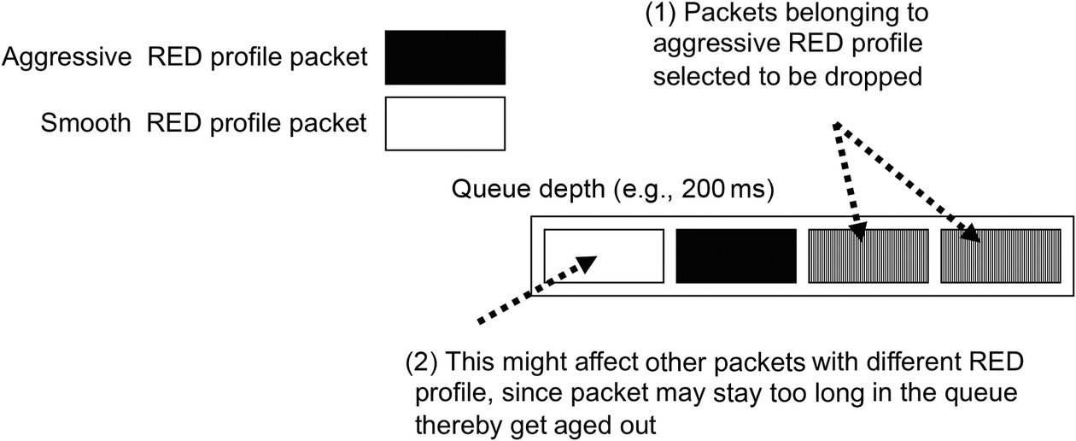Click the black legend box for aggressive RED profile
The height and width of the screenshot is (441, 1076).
(x=445, y=57)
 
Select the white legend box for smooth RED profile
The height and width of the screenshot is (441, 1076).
(x=445, y=122)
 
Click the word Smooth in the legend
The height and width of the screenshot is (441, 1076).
(x=85, y=123)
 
